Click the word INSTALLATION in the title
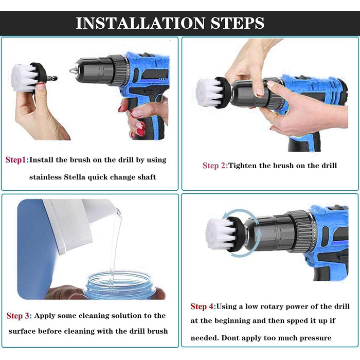pos(140,23)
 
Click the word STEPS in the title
pos(238,23)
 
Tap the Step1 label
pos(16,160)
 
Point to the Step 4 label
pos(202,307)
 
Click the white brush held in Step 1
pos(24,78)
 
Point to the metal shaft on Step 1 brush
pos(52,79)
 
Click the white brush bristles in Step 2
pos(209,93)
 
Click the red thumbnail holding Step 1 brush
pos(41,86)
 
